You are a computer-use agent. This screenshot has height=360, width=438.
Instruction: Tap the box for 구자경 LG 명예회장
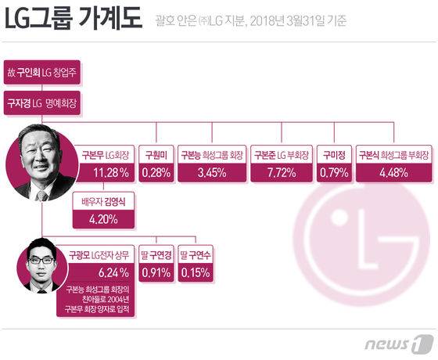[41, 103]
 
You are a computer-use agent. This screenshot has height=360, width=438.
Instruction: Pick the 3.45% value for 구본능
[210, 172]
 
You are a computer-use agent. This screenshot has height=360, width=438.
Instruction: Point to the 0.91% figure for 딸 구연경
[156, 273]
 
